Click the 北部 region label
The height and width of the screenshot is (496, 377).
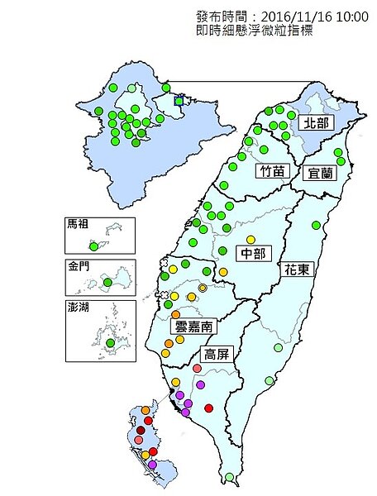point(315,123)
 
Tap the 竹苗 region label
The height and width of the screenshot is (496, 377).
point(270,172)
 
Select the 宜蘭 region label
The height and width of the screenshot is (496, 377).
point(320,173)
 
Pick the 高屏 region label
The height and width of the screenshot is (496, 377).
point(218,354)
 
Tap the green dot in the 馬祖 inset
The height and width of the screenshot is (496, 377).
point(93,246)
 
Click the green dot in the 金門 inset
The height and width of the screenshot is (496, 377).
point(107,284)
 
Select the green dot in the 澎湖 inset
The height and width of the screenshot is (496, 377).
point(110,342)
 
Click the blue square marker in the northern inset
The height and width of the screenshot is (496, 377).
point(179,102)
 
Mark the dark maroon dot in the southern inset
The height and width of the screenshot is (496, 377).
point(141,430)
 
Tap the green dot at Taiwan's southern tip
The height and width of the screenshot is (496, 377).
point(229,477)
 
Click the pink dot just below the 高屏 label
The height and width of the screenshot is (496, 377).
point(197,369)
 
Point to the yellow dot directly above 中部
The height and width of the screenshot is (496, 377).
point(250,240)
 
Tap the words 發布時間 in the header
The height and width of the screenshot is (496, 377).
point(223,17)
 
